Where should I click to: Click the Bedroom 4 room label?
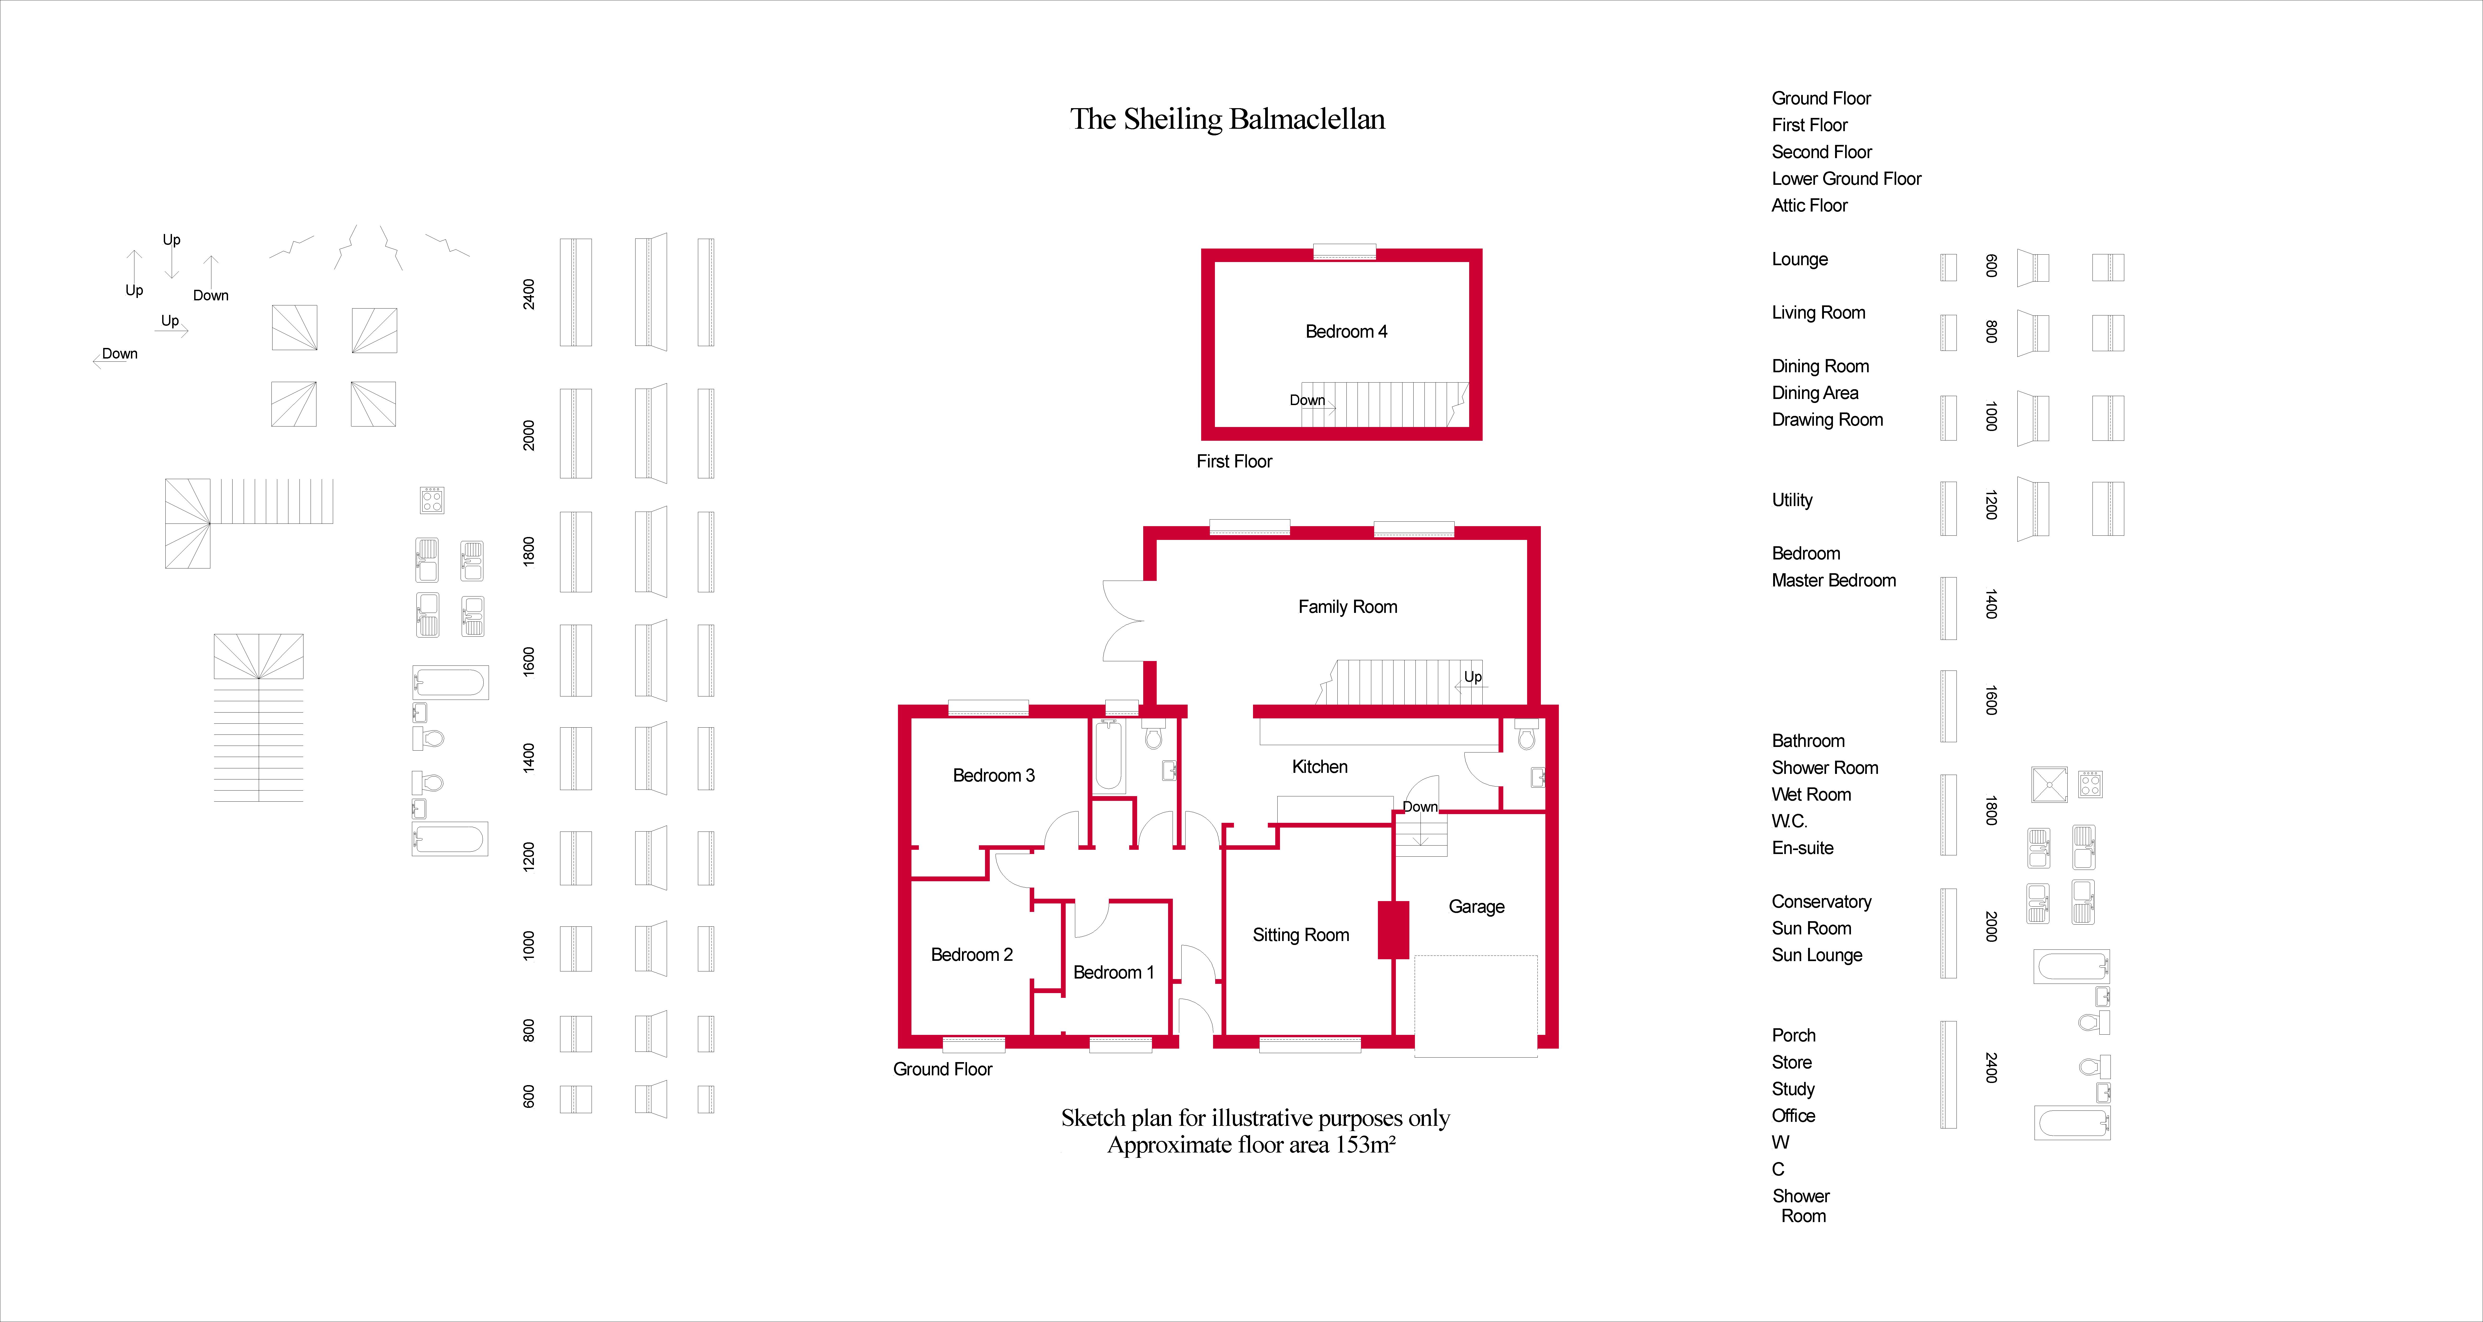(1346, 332)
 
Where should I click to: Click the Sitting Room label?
(1300, 935)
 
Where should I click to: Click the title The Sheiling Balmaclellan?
(1227, 118)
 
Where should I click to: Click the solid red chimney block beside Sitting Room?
(1393, 930)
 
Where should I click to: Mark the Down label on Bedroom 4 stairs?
(1307, 400)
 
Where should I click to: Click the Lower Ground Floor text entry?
(1846, 178)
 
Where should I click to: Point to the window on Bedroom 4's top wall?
(1345, 251)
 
